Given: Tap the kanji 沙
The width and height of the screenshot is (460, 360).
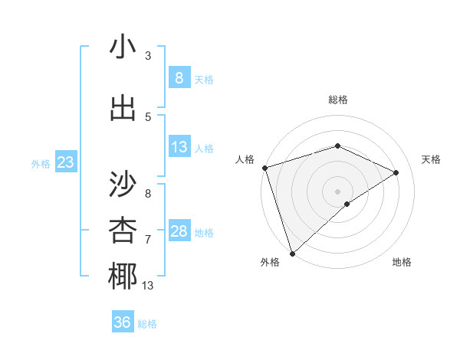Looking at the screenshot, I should pyautogui.click(x=123, y=184).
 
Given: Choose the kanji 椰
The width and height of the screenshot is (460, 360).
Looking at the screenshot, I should pyautogui.click(x=123, y=277).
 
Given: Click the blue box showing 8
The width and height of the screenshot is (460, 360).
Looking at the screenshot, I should pyautogui.click(x=179, y=78).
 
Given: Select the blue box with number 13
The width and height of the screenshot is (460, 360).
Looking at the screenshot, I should pyautogui.click(x=179, y=147).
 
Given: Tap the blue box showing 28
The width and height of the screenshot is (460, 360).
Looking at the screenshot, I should pyautogui.click(x=179, y=231).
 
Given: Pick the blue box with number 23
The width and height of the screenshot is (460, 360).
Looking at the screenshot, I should pyautogui.click(x=65, y=162).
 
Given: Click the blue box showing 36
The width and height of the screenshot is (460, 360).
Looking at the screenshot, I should pyautogui.click(x=122, y=322).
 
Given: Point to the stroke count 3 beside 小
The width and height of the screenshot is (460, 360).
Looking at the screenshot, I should pyautogui.click(x=148, y=56).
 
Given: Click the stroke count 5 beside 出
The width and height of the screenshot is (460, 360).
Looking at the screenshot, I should pyautogui.click(x=148, y=116).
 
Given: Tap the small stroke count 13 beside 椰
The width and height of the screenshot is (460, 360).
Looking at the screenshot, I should pyautogui.click(x=148, y=286).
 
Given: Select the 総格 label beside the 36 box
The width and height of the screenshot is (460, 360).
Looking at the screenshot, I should pyautogui.click(x=147, y=324).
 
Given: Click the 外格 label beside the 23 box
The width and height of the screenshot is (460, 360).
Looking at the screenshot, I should pyautogui.click(x=41, y=163).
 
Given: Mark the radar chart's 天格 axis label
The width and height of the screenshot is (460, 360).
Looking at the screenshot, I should pyautogui.click(x=432, y=159).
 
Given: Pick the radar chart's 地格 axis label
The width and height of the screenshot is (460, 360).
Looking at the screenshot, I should pyautogui.click(x=402, y=262).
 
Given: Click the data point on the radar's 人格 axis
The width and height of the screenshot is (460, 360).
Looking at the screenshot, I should pyautogui.click(x=264, y=168).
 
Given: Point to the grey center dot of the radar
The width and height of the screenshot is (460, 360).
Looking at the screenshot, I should pyautogui.click(x=337, y=191).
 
